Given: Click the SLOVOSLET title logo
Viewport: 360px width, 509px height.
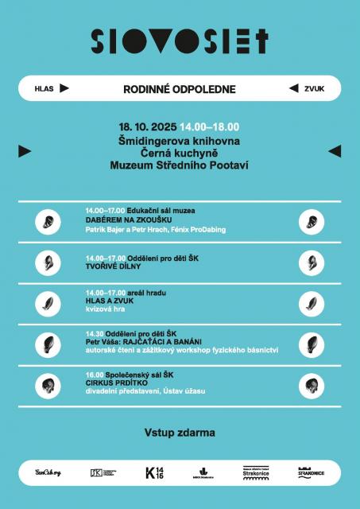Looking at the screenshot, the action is pyautogui.click(x=180, y=41).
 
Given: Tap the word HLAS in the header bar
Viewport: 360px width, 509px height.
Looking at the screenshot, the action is pyautogui.click(x=44, y=89).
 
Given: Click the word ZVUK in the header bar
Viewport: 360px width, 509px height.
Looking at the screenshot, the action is pyautogui.click(x=315, y=89).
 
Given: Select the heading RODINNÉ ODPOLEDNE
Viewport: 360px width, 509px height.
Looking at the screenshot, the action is pyautogui.click(x=180, y=89).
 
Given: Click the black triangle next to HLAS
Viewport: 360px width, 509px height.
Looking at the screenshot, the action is pyautogui.click(x=64, y=88).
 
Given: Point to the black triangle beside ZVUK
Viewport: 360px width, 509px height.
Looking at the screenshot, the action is pyautogui.click(x=294, y=88).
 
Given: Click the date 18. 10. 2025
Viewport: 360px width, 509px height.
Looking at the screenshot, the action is pyautogui.click(x=148, y=126).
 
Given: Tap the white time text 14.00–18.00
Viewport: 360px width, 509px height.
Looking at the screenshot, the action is pyautogui.click(x=209, y=126).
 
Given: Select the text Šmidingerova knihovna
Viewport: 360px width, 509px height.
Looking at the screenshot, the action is pyautogui.click(x=180, y=140).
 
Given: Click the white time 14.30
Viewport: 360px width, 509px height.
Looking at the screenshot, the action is pyautogui.click(x=95, y=333).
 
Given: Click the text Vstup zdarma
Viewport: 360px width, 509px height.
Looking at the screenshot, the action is pyautogui.click(x=180, y=433).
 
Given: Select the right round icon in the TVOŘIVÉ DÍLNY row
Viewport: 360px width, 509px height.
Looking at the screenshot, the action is pyautogui.click(x=312, y=262).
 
